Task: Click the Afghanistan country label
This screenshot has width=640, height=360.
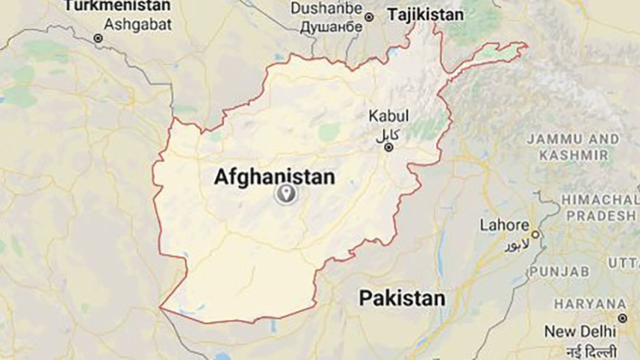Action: click(x=274, y=176)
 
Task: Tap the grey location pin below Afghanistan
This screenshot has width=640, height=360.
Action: click(x=285, y=195)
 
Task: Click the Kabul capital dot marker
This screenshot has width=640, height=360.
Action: click(x=389, y=148)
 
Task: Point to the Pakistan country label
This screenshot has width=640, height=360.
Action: click(x=402, y=299)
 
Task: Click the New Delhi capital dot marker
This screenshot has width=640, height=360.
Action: click(x=621, y=318)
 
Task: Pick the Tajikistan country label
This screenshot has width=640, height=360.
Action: click(x=424, y=14)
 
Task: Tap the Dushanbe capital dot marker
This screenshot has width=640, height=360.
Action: click(x=368, y=16)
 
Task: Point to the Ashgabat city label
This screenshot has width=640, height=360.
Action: click(x=138, y=23)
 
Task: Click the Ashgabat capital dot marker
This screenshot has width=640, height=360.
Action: click(x=97, y=38)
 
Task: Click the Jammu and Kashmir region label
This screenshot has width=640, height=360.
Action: click(x=573, y=147)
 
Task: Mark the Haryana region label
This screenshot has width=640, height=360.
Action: click(x=589, y=303)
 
